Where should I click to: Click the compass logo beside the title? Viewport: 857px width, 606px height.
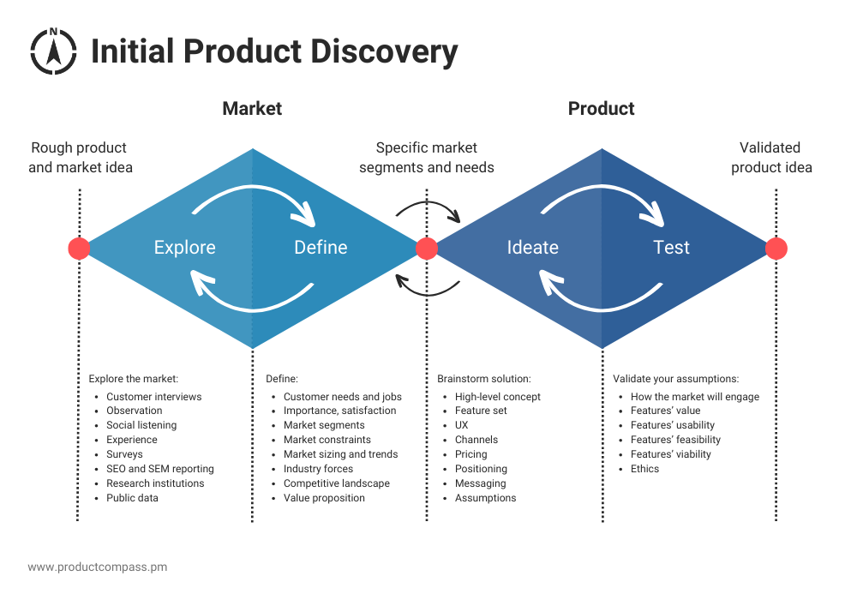click(53, 51)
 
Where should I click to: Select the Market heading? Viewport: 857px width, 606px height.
click(252, 109)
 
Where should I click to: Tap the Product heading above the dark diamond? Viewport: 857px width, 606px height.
click(601, 109)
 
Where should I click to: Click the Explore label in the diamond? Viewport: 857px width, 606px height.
click(184, 248)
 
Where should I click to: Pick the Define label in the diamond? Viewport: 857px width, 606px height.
click(321, 248)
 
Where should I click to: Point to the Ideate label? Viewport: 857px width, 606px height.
click(532, 248)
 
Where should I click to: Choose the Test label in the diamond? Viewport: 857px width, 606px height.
click(671, 248)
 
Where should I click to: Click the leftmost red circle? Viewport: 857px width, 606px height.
click(79, 249)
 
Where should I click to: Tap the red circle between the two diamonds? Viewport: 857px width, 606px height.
click(427, 249)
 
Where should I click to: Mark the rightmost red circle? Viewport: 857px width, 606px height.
click(776, 249)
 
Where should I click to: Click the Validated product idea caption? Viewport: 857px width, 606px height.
click(770, 158)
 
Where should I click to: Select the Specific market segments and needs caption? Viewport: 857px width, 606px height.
click(426, 158)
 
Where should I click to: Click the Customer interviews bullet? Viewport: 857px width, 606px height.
click(153, 397)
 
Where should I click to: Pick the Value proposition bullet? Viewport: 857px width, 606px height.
click(324, 498)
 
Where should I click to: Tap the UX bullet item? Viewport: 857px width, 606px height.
click(462, 425)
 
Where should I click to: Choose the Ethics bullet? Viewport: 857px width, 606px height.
click(644, 469)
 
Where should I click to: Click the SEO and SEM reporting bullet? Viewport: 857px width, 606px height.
click(159, 469)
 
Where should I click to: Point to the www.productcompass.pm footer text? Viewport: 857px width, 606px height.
click(97, 567)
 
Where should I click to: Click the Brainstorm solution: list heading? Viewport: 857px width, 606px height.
click(483, 379)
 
